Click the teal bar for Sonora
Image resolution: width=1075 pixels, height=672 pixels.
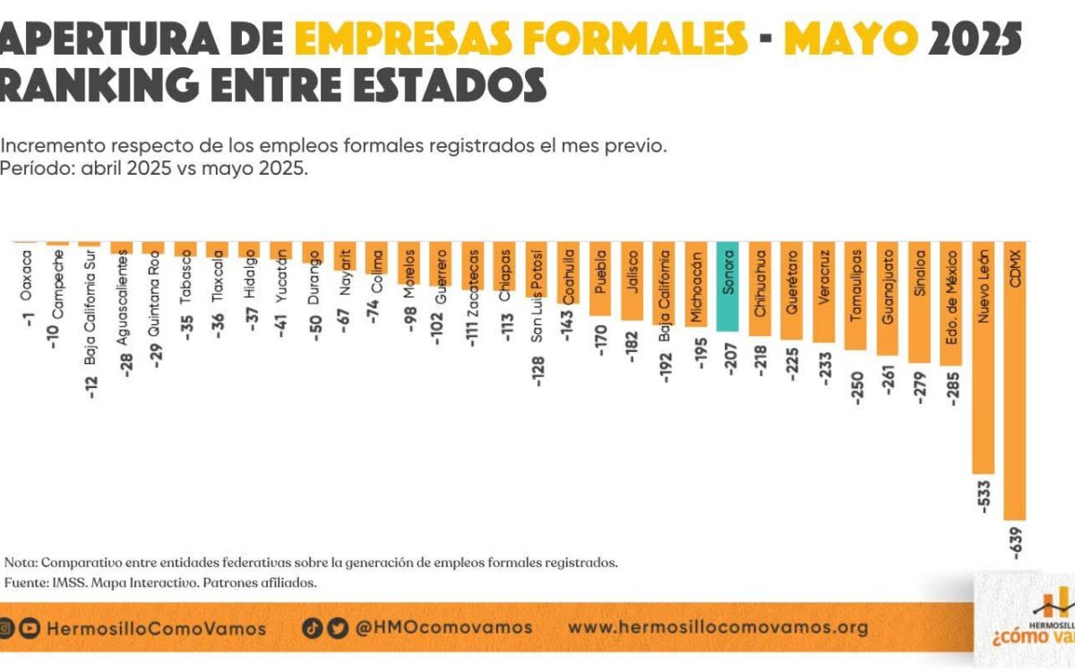tap(728, 287)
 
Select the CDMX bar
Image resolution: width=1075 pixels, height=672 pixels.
tap(1015, 381)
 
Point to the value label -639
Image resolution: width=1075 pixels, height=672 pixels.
tap(1016, 543)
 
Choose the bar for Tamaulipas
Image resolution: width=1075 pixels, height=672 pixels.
tap(856, 296)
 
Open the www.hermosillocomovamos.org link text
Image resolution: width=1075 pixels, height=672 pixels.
tap(718, 627)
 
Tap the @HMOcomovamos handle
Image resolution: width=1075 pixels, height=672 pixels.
tap(443, 627)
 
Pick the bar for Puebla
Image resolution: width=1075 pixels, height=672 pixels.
tap(600, 279)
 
